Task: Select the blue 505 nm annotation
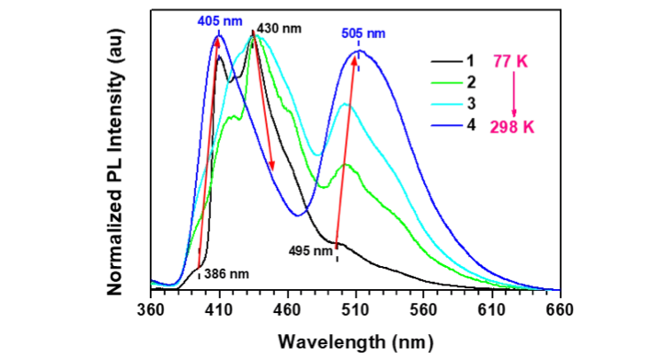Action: pos(364,35)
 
